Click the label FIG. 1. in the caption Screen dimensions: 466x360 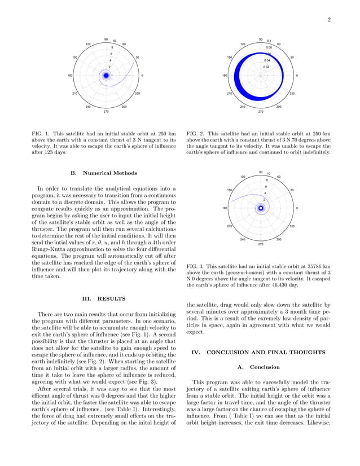[40, 133]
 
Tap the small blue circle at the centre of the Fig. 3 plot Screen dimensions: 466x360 [261, 208]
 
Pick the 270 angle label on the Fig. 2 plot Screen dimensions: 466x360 [261, 112]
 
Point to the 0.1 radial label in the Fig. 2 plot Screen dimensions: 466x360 [269, 41]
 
